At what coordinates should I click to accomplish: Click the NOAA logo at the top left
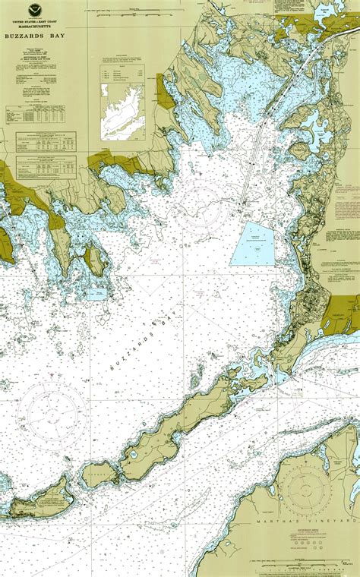tap(34, 11)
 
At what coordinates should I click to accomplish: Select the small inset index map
tap(122, 112)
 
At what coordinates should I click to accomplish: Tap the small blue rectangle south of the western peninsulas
tap(97, 293)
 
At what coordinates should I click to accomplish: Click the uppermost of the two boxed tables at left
tap(46, 141)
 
